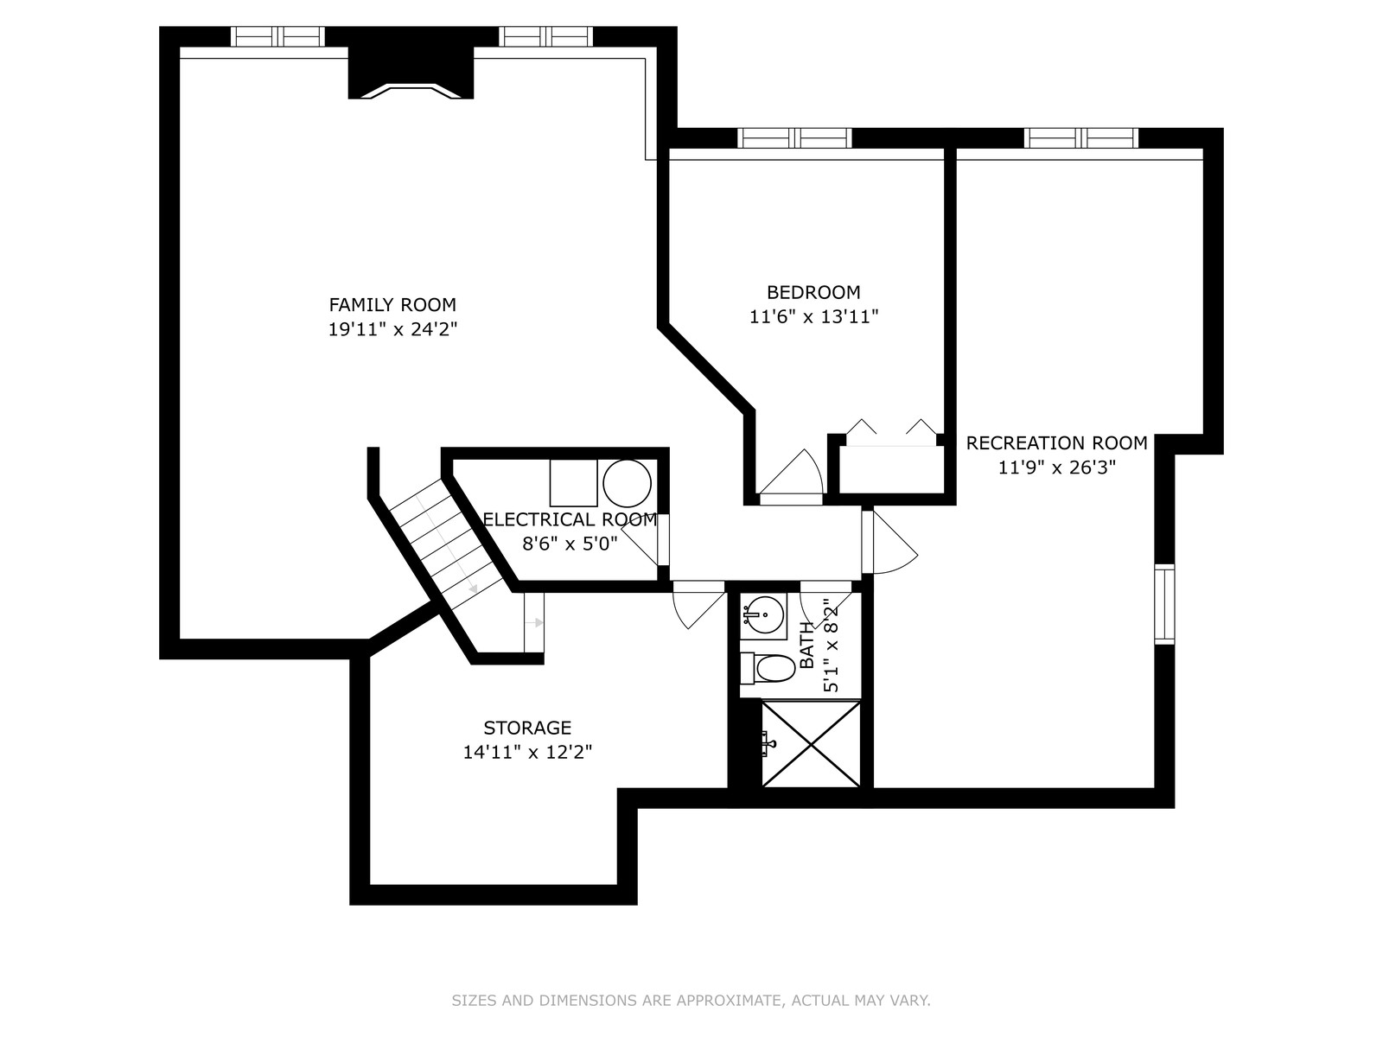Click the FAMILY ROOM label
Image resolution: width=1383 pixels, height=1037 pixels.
point(392,305)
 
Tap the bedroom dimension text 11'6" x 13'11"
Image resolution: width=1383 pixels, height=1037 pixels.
point(813,316)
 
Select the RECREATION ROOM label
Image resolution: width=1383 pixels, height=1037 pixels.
point(1056,443)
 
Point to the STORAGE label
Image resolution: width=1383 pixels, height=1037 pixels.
point(527,728)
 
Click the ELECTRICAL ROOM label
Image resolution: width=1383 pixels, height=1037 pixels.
point(570,519)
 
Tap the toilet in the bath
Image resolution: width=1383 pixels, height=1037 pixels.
point(768,668)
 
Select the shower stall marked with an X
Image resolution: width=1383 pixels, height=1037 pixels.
point(811,744)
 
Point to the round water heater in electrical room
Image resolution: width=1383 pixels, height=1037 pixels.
point(627,483)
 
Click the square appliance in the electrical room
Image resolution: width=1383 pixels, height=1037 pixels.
point(573,483)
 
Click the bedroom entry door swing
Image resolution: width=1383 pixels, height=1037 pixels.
point(792,472)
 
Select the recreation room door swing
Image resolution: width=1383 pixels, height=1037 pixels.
point(889,542)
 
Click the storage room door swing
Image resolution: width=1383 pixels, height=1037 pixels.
point(698,605)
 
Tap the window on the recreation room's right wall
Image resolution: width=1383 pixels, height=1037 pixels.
point(1164,604)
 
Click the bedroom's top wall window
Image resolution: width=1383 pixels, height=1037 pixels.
point(794,138)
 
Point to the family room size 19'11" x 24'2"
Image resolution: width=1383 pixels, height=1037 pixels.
point(392,329)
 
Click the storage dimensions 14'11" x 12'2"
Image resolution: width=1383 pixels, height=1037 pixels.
point(527,753)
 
